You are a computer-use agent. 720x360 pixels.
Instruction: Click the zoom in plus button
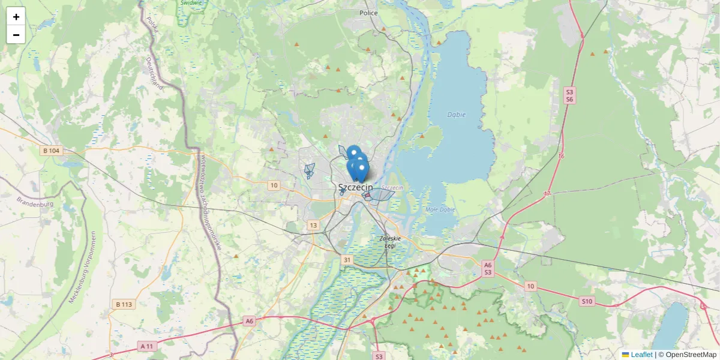pyautogui.click(x=16, y=17)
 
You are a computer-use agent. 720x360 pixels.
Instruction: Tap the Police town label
pyautogui.click(x=368, y=13)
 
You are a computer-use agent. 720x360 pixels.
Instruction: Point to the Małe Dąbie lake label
pyautogui.click(x=440, y=209)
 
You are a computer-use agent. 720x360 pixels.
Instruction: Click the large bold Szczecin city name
pyautogui.click(x=355, y=187)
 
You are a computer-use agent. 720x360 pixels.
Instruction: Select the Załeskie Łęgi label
pyautogui.click(x=389, y=242)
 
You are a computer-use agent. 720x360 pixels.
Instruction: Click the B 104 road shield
pyautogui.click(x=51, y=151)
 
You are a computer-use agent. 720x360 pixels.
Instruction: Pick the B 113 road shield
pyautogui.click(x=123, y=304)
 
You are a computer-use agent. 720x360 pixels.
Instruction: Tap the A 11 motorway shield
pyautogui.click(x=147, y=346)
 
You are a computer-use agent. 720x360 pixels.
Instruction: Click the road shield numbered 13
pyautogui.click(x=313, y=225)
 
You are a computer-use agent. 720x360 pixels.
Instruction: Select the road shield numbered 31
pyautogui.click(x=347, y=260)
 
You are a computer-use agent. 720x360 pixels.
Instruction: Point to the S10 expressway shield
pyautogui.click(x=587, y=301)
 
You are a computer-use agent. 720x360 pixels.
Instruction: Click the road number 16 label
pyautogui.click(x=561, y=156)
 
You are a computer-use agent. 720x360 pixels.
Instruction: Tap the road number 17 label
pyautogui.click(x=547, y=194)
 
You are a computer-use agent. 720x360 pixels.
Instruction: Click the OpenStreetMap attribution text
pyautogui.click(x=687, y=355)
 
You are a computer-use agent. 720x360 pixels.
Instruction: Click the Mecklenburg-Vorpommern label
pyautogui.click(x=82, y=268)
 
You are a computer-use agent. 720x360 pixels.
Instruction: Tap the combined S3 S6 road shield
pyautogui.click(x=569, y=95)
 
